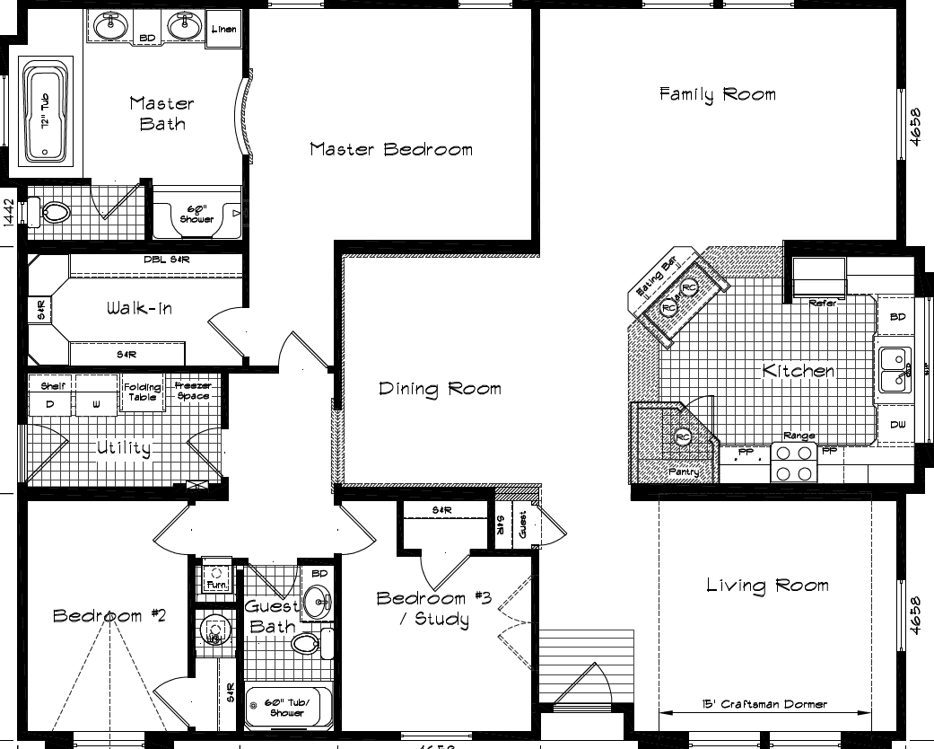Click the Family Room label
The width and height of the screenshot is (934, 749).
pos(717,94)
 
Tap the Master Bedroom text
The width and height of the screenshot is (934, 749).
pos(391,149)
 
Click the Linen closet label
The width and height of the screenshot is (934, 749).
pos(223,30)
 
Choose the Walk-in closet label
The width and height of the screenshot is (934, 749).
pos(139,309)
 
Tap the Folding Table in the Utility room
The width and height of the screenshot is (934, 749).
pos(142,392)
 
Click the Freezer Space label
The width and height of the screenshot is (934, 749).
pos(193,391)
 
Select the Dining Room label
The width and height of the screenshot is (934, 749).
pos(439,389)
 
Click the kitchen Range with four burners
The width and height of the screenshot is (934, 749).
pos(794,463)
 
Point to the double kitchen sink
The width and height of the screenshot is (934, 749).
pos(893,369)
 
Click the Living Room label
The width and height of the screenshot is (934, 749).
pos(766,586)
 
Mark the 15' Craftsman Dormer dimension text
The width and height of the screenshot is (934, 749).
pos(765,705)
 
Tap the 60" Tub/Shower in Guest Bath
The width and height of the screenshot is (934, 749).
pos(287,708)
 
